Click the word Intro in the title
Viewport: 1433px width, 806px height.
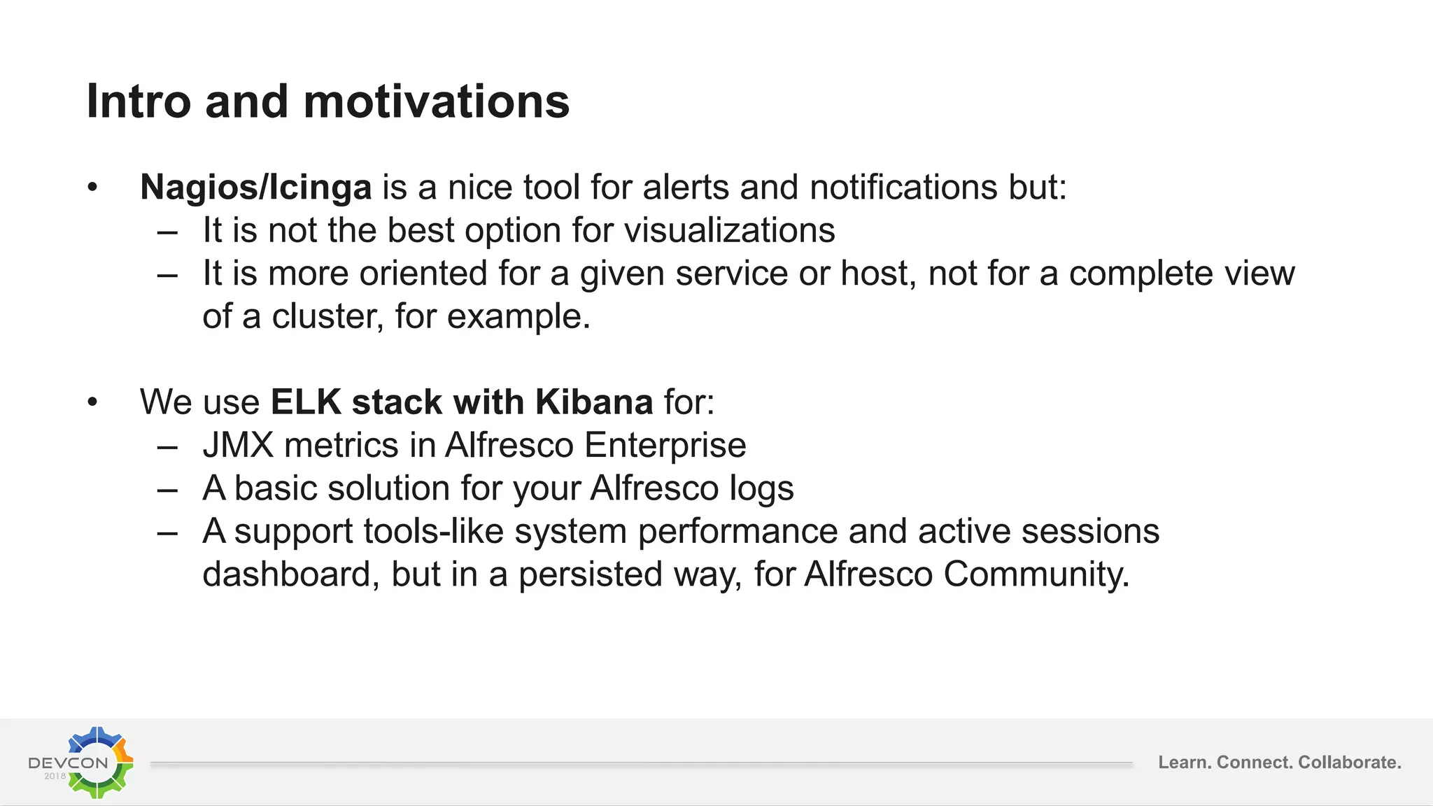[139, 101]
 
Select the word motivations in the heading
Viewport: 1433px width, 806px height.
[437, 101]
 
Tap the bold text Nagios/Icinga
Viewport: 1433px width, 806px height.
[255, 188]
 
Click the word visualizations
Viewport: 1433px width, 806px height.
[729, 230]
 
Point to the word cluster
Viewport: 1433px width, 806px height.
[327, 316]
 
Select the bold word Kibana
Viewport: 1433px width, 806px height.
[594, 402]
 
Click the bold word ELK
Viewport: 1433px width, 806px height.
[306, 402]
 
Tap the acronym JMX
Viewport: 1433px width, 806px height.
[238, 445]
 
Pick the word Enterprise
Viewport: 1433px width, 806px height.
[665, 445]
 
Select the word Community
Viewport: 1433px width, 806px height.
[1036, 574]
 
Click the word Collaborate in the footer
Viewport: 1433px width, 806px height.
[1349, 762]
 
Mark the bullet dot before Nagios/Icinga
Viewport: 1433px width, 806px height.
[92, 188]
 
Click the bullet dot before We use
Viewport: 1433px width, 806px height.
[92, 402]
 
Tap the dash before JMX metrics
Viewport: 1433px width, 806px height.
[167, 446]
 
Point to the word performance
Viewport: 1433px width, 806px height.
[737, 532]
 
